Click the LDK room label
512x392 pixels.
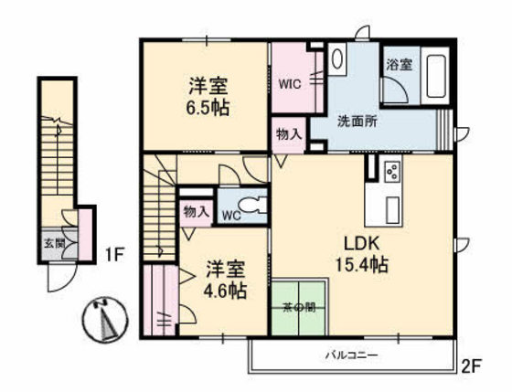tap(361, 243)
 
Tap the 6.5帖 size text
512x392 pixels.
tap(208, 108)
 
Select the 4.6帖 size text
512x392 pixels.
tap(225, 291)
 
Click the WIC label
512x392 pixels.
tap(290, 84)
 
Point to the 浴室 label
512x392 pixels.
tap(399, 65)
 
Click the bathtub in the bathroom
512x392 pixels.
tap(436, 76)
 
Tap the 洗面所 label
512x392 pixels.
tap(357, 122)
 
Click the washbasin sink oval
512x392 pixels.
tap(337, 59)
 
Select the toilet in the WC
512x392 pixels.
tap(253, 206)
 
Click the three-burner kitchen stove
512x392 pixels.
tap(392, 172)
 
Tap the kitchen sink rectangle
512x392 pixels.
tap(393, 210)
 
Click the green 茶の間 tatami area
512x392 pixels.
tap(299, 307)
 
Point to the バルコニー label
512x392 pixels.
tap(353, 355)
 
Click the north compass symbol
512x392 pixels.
tap(104, 320)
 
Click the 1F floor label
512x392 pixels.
tap(114, 255)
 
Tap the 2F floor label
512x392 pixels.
tap(472, 366)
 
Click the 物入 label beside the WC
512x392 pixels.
tap(196, 212)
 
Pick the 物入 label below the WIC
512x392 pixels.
tap(289, 134)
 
